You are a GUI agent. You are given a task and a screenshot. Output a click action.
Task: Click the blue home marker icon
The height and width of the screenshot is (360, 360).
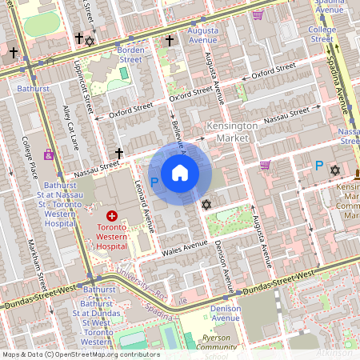180,173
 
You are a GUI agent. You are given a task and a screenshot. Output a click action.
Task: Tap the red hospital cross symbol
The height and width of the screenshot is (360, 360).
112,216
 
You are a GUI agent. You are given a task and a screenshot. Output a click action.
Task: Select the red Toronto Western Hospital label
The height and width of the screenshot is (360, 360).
112,237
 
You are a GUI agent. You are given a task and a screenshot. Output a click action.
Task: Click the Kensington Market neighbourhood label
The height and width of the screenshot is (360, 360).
232,132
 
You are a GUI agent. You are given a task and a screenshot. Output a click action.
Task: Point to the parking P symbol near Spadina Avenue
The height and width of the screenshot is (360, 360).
318,166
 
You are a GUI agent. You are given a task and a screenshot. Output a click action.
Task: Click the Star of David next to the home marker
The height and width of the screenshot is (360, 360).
206,206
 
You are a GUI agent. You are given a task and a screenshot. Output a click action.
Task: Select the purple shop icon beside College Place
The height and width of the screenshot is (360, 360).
49,154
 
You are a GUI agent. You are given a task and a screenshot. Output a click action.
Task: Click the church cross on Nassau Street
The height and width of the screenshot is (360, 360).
119,153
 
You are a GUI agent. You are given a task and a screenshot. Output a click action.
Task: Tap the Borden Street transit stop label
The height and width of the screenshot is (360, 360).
130,53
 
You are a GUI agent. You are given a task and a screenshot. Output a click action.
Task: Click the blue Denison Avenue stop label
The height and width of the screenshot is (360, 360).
226,313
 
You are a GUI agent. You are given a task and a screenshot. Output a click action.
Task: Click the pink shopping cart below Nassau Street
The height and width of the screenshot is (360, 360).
265,165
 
